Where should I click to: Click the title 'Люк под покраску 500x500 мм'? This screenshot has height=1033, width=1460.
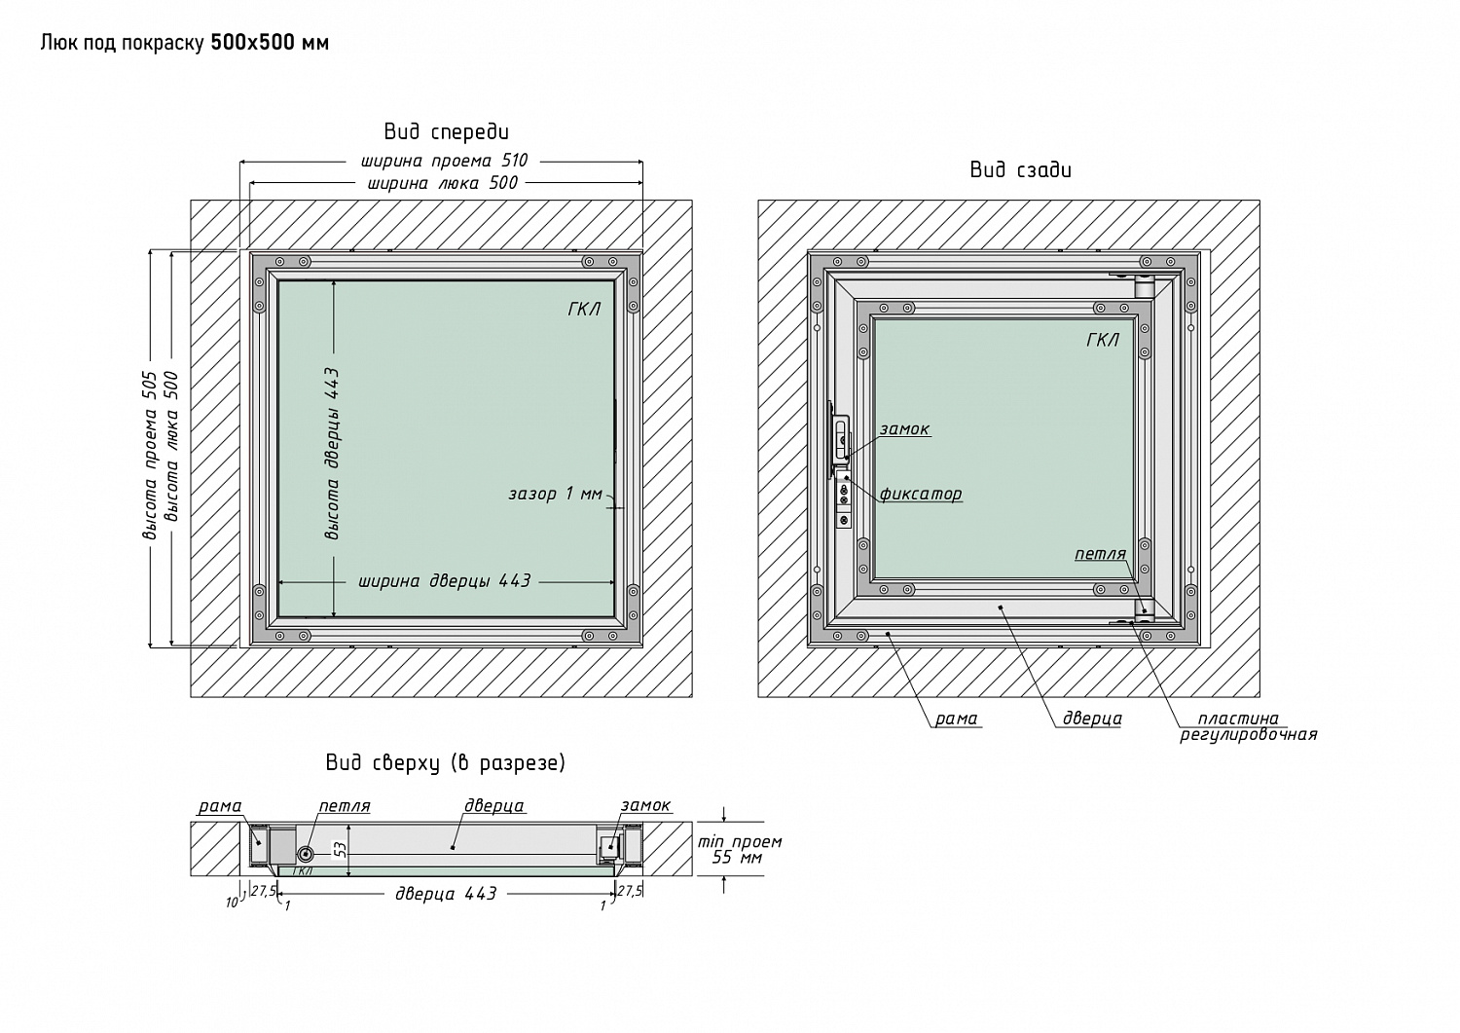[185, 43]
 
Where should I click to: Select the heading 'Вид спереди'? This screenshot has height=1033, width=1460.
[447, 131]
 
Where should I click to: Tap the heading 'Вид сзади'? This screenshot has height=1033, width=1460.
[1021, 169]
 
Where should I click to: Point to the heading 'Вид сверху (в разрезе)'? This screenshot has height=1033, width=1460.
[446, 763]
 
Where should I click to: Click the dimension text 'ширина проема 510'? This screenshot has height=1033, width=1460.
[445, 161]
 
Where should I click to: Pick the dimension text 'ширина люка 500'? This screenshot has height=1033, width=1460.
[443, 183]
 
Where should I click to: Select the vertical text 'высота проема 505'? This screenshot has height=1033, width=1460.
[150, 456]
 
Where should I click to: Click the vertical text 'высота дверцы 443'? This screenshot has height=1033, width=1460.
[332, 454]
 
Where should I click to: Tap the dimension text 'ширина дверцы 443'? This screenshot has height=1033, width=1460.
[445, 580]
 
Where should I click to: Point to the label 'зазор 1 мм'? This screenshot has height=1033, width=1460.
[556, 494]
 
